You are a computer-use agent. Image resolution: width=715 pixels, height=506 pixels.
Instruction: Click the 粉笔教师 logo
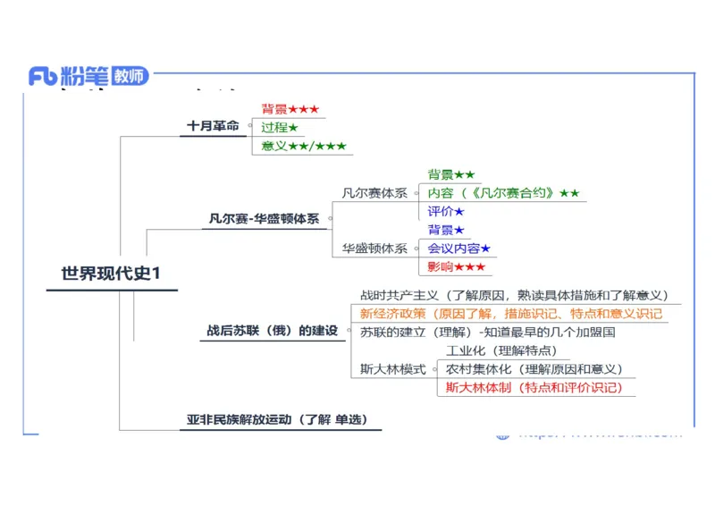(88, 76)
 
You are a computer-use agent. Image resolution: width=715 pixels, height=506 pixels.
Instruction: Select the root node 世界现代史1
(111, 274)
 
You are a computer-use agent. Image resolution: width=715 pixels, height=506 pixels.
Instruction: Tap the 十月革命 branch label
(213, 126)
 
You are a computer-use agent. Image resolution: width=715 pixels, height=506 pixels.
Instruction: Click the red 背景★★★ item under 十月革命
(290, 109)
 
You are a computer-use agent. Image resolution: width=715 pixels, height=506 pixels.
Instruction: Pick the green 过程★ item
(279, 128)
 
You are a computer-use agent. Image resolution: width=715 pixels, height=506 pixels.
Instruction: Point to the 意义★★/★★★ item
(303, 146)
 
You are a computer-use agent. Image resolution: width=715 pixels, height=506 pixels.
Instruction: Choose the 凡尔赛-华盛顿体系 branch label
(264, 218)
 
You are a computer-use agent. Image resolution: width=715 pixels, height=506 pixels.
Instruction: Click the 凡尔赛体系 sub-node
(374, 192)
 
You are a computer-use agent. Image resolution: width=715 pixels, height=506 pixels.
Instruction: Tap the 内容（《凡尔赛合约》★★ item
(503, 193)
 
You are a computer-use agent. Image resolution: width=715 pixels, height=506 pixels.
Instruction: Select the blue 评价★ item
(446, 212)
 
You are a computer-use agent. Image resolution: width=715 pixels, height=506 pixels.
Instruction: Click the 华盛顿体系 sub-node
(374, 249)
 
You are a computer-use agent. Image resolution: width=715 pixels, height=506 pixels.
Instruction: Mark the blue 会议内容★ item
(458, 249)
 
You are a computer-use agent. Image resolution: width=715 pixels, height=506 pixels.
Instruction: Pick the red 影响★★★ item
(456, 266)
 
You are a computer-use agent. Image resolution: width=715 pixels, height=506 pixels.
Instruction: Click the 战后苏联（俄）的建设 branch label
(273, 331)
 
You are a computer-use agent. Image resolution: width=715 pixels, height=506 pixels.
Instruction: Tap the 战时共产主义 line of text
(514, 295)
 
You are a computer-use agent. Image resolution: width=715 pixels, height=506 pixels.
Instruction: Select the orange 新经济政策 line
(511, 314)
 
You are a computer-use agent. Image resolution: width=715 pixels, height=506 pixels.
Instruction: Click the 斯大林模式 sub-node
(392, 369)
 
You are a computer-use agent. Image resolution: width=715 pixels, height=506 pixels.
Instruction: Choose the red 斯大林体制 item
(534, 387)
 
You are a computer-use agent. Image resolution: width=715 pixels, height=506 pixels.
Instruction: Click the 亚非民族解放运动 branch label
(277, 419)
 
